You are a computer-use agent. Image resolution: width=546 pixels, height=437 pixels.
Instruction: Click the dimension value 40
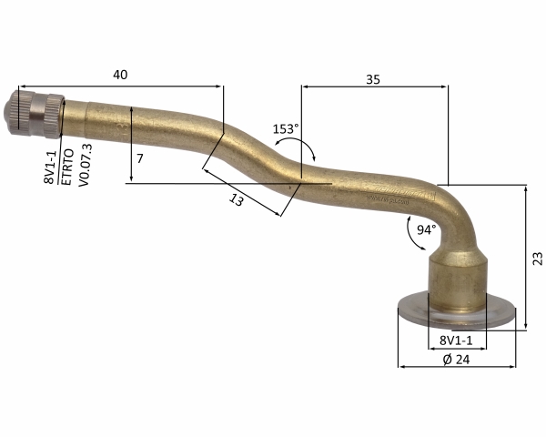click(120, 75)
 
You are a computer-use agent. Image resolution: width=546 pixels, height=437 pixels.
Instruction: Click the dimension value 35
click(373, 80)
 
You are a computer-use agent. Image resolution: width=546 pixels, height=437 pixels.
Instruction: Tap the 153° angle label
click(286, 129)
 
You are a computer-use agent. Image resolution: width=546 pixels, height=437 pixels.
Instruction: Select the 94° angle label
click(427, 229)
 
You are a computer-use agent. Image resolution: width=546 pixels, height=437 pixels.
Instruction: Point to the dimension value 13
click(237, 200)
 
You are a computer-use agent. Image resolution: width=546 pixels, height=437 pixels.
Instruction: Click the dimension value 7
click(139, 159)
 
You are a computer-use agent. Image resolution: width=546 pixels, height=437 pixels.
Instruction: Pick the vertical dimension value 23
click(538, 259)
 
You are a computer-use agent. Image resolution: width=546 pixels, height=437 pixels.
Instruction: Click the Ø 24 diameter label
click(457, 360)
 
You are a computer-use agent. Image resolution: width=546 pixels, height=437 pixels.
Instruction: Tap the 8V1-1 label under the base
click(456, 340)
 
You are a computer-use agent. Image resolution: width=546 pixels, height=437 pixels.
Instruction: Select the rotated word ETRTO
click(67, 167)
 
